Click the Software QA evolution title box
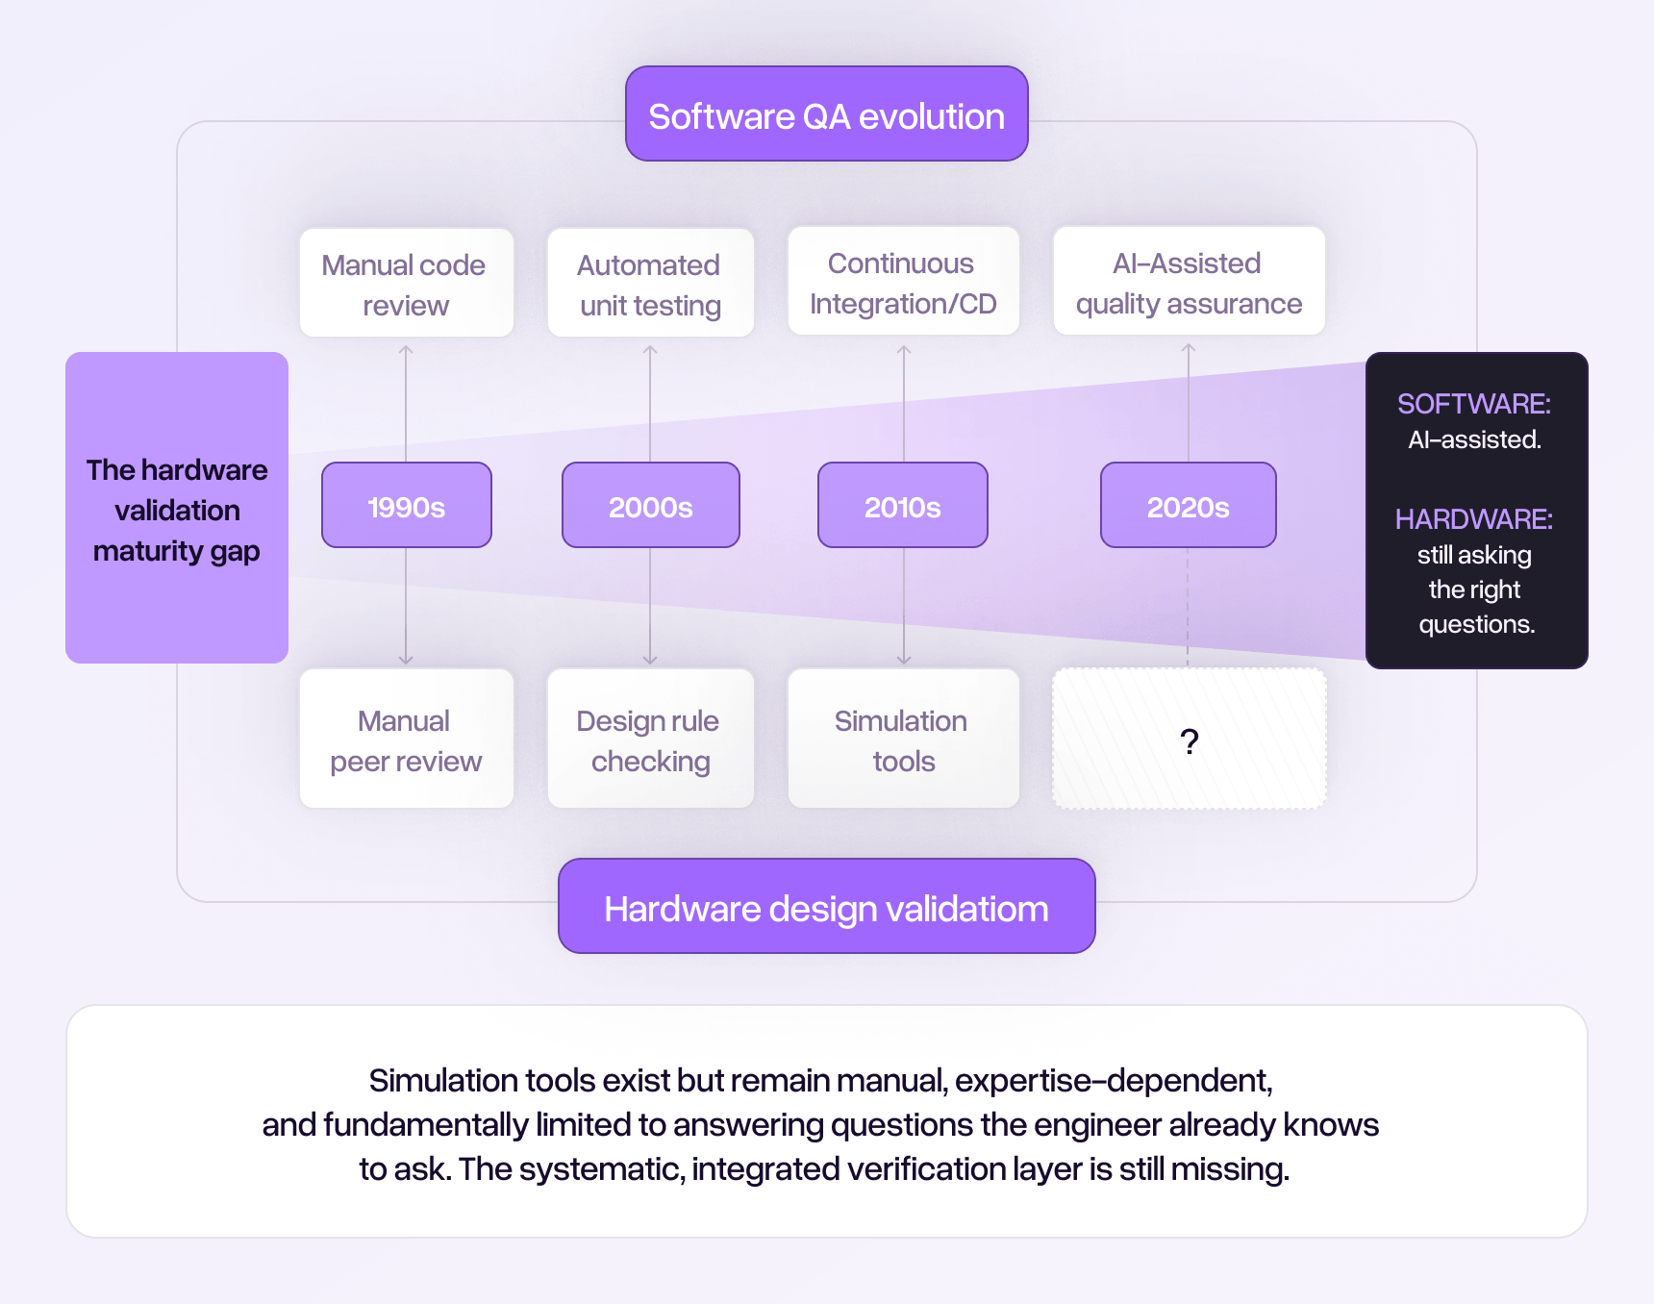826,114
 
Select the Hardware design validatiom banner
826,907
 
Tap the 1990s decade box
406,506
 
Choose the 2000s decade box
650,506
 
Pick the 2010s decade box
902,506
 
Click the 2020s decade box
1188,506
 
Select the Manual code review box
405,284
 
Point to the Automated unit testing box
650,284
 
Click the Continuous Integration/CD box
902,282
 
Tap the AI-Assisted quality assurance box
1189,282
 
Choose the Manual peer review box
405,740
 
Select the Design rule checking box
650,740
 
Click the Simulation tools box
902,740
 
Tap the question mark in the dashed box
1190,741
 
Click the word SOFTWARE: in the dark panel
1473,404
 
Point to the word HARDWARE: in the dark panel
1473,519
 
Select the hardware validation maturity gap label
177,510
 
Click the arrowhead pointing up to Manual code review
406,350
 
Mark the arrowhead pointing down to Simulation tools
904,660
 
